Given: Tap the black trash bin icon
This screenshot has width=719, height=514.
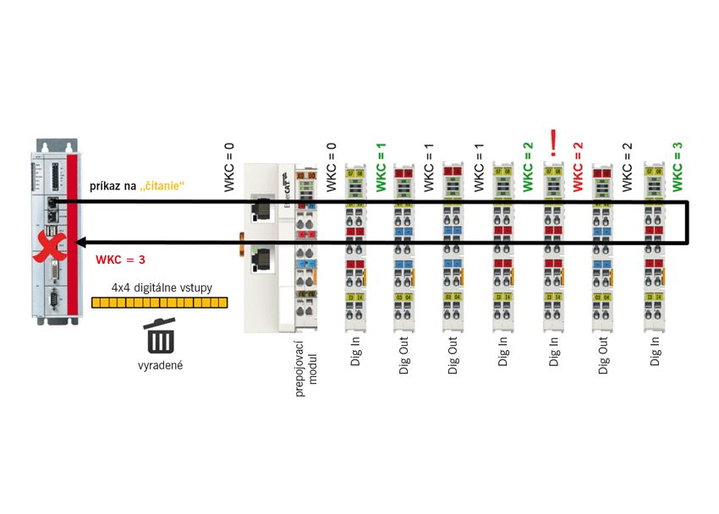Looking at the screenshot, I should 161,336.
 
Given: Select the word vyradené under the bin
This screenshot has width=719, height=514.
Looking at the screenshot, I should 161,366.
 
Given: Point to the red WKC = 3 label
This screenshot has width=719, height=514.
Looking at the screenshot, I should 120,260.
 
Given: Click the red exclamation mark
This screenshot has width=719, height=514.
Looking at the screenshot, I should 553,143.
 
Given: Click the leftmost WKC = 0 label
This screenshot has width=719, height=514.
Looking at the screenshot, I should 230,167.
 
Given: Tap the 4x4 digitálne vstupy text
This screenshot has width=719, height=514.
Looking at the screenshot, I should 162,287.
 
